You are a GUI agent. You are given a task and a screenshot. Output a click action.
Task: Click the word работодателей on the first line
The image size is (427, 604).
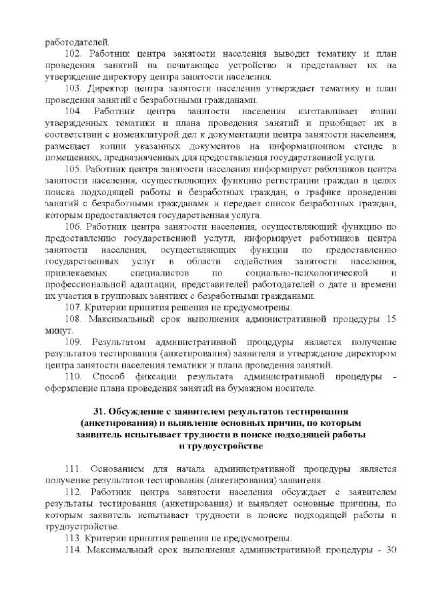[74, 41]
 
